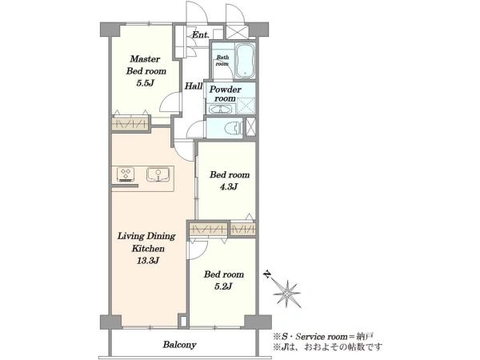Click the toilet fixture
tap(234, 128)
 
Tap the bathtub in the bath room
tap(246, 61)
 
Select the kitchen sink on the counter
tap(158, 174)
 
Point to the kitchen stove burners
tap(126, 174)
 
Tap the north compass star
tap(287, 294)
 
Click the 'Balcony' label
tap(179, 345)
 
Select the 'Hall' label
tap(193, 86)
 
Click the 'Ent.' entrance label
tap(201, 35)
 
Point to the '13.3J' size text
tap(148, 261)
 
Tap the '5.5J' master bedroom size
tap(145, 83)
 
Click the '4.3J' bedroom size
tap(229, 186)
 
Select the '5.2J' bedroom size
tap(223, 286)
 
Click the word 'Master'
tap(145, 58)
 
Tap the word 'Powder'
tap(226, 90)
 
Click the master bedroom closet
tap(130, 124)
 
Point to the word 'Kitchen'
tap(148, 248)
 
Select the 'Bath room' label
tap(222, 61)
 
